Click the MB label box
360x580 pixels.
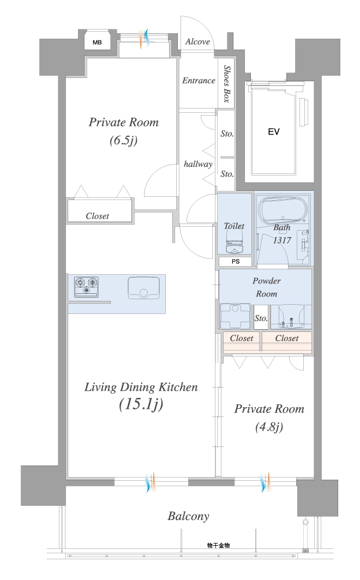point(97,42)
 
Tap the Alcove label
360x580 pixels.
point(197,41)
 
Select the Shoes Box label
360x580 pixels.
point(226,84)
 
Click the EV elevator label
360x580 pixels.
point(274,132)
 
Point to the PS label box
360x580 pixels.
point(236,261)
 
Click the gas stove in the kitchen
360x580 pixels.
point(87,287)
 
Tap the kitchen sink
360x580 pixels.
point(143,288)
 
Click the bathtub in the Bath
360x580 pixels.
point(283,210)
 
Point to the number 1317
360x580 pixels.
point(282,240)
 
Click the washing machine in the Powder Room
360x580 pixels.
point(235,316)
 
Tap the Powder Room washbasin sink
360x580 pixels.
point(291,317)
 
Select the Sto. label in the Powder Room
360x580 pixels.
point(261,318)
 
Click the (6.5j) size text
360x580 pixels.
point(124,141)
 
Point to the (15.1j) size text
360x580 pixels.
point(141,404)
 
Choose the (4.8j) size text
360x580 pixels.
point(269,427)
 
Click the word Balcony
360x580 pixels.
point(188,516)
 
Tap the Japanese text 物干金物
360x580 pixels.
point(218,545)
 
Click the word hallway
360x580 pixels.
point(198,164)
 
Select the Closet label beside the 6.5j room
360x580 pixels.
point(97,216)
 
